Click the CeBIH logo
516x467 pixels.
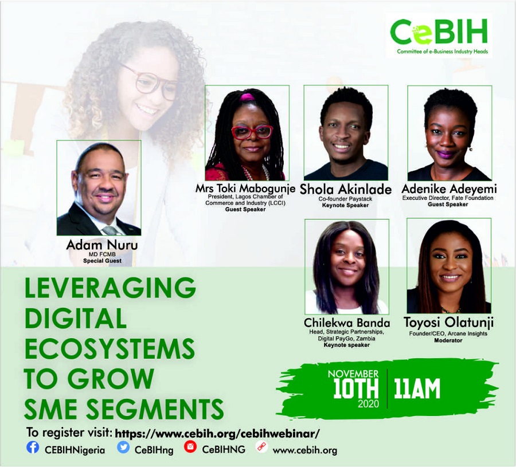pyautogui.click(x=439, y=36)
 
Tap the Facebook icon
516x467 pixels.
pyautogui.click(x=33, y=448)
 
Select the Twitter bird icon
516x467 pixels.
pyautogui.click(x=123, y=448)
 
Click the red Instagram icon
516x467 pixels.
pyautogui.click(x=190, y=447)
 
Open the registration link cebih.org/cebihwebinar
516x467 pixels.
pyautogui.click(x=217, y=433)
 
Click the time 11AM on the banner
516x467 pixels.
pyautogui.click(x=417, y=388)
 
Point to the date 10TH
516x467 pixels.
pyautogui.click(x=355, y=388)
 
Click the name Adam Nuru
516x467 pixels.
pyautogui.click(x=102, y=245)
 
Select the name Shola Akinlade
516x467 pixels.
pyautogui.click(x=346, y=190)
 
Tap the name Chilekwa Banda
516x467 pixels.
pyautogui.click(x=347, y=323)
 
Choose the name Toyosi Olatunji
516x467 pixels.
pyautogui.click(x=448, y=323)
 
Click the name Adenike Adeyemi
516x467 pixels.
pyautogui.click(x=449, y=189)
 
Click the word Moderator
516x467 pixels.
pyautogui.click(x=448, y=340)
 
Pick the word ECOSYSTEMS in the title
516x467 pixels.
pyautogui.click(x=110, y=348)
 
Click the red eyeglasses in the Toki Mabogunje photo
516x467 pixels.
pyautogui.click(x=252, y=132)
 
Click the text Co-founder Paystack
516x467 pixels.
pyautogui.click(x=345, y=199)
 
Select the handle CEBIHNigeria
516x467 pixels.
pyautogui.click(x=75, y=450)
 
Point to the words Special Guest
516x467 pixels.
pyautogui.click(x=103, y=261)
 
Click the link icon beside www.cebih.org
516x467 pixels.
pyautogui.click(x=261, y=448)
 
